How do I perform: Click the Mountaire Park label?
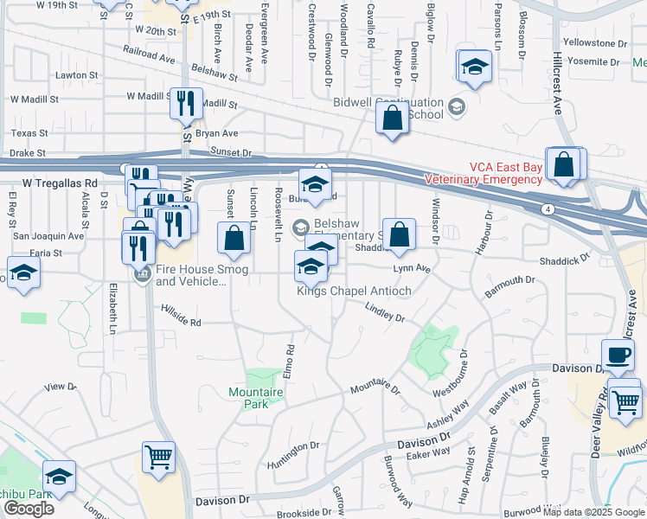coord(256,398)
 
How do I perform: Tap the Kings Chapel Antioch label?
coord(354,291)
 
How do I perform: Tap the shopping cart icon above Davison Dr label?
coord(158,458)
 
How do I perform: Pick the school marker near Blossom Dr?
coord(474,69)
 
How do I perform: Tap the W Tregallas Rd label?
coord(60,183)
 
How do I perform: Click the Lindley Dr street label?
coord(385,312)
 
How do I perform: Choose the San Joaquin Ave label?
coord(48,235)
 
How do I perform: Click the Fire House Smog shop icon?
coord(143,274)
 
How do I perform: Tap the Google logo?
coord(29,509)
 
